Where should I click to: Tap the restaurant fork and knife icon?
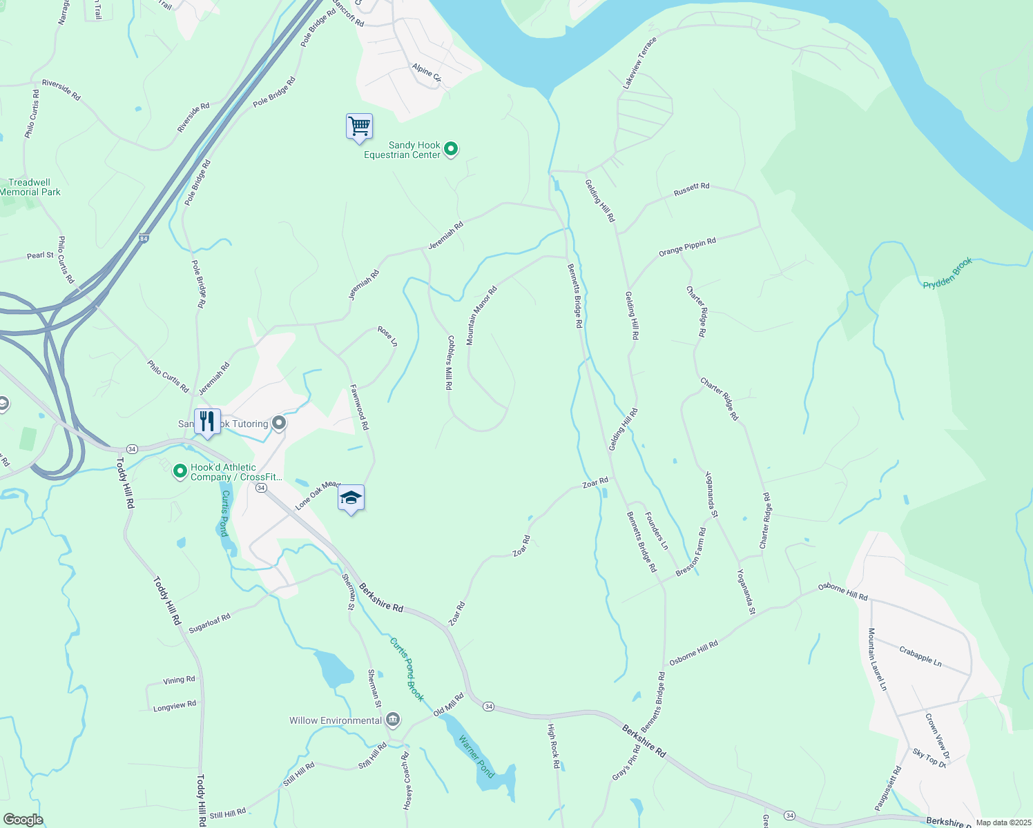(207, 422)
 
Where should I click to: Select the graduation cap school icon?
(351, 498)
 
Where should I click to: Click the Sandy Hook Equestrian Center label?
(403, 150)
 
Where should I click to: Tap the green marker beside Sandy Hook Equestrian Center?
(451, 148)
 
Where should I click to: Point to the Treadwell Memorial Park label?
(30, 188)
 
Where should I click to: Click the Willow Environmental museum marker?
(393, 720)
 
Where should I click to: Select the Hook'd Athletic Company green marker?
(180, 471)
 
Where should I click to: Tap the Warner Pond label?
(477, 757)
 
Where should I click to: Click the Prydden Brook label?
(948, 274)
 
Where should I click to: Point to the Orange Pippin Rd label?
(687, 247)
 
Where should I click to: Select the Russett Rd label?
(691, 189)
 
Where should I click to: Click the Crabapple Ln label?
(920, 655)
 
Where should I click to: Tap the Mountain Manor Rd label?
(481, 316)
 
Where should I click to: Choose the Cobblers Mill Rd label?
(449, 363)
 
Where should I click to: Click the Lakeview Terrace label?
(640, 63)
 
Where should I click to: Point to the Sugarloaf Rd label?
(210, 622)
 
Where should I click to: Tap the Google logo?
(23, 820)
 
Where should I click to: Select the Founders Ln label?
(656, 530)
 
